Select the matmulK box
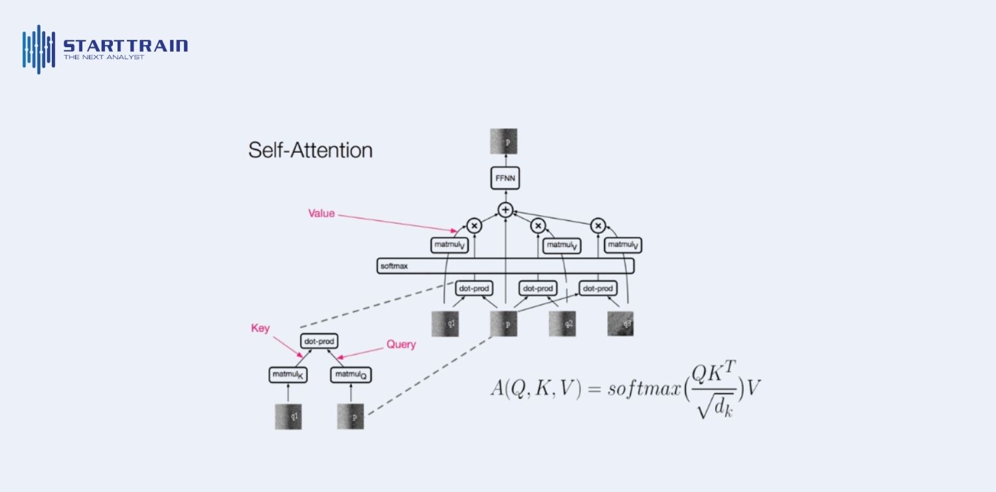[288, 375]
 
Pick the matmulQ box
[350, 375]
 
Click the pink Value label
[321, 214]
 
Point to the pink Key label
[260, 328]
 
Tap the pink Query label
[401, 345]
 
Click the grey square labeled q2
[562, 323]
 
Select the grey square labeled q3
[620, 323]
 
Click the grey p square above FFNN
[504, 141]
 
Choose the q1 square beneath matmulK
[288, 416]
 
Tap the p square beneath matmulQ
[350, 416]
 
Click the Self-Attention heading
[310, 150]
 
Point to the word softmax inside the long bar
[393, 266]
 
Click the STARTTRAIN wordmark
[125, 46]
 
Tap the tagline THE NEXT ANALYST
[104, 58]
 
